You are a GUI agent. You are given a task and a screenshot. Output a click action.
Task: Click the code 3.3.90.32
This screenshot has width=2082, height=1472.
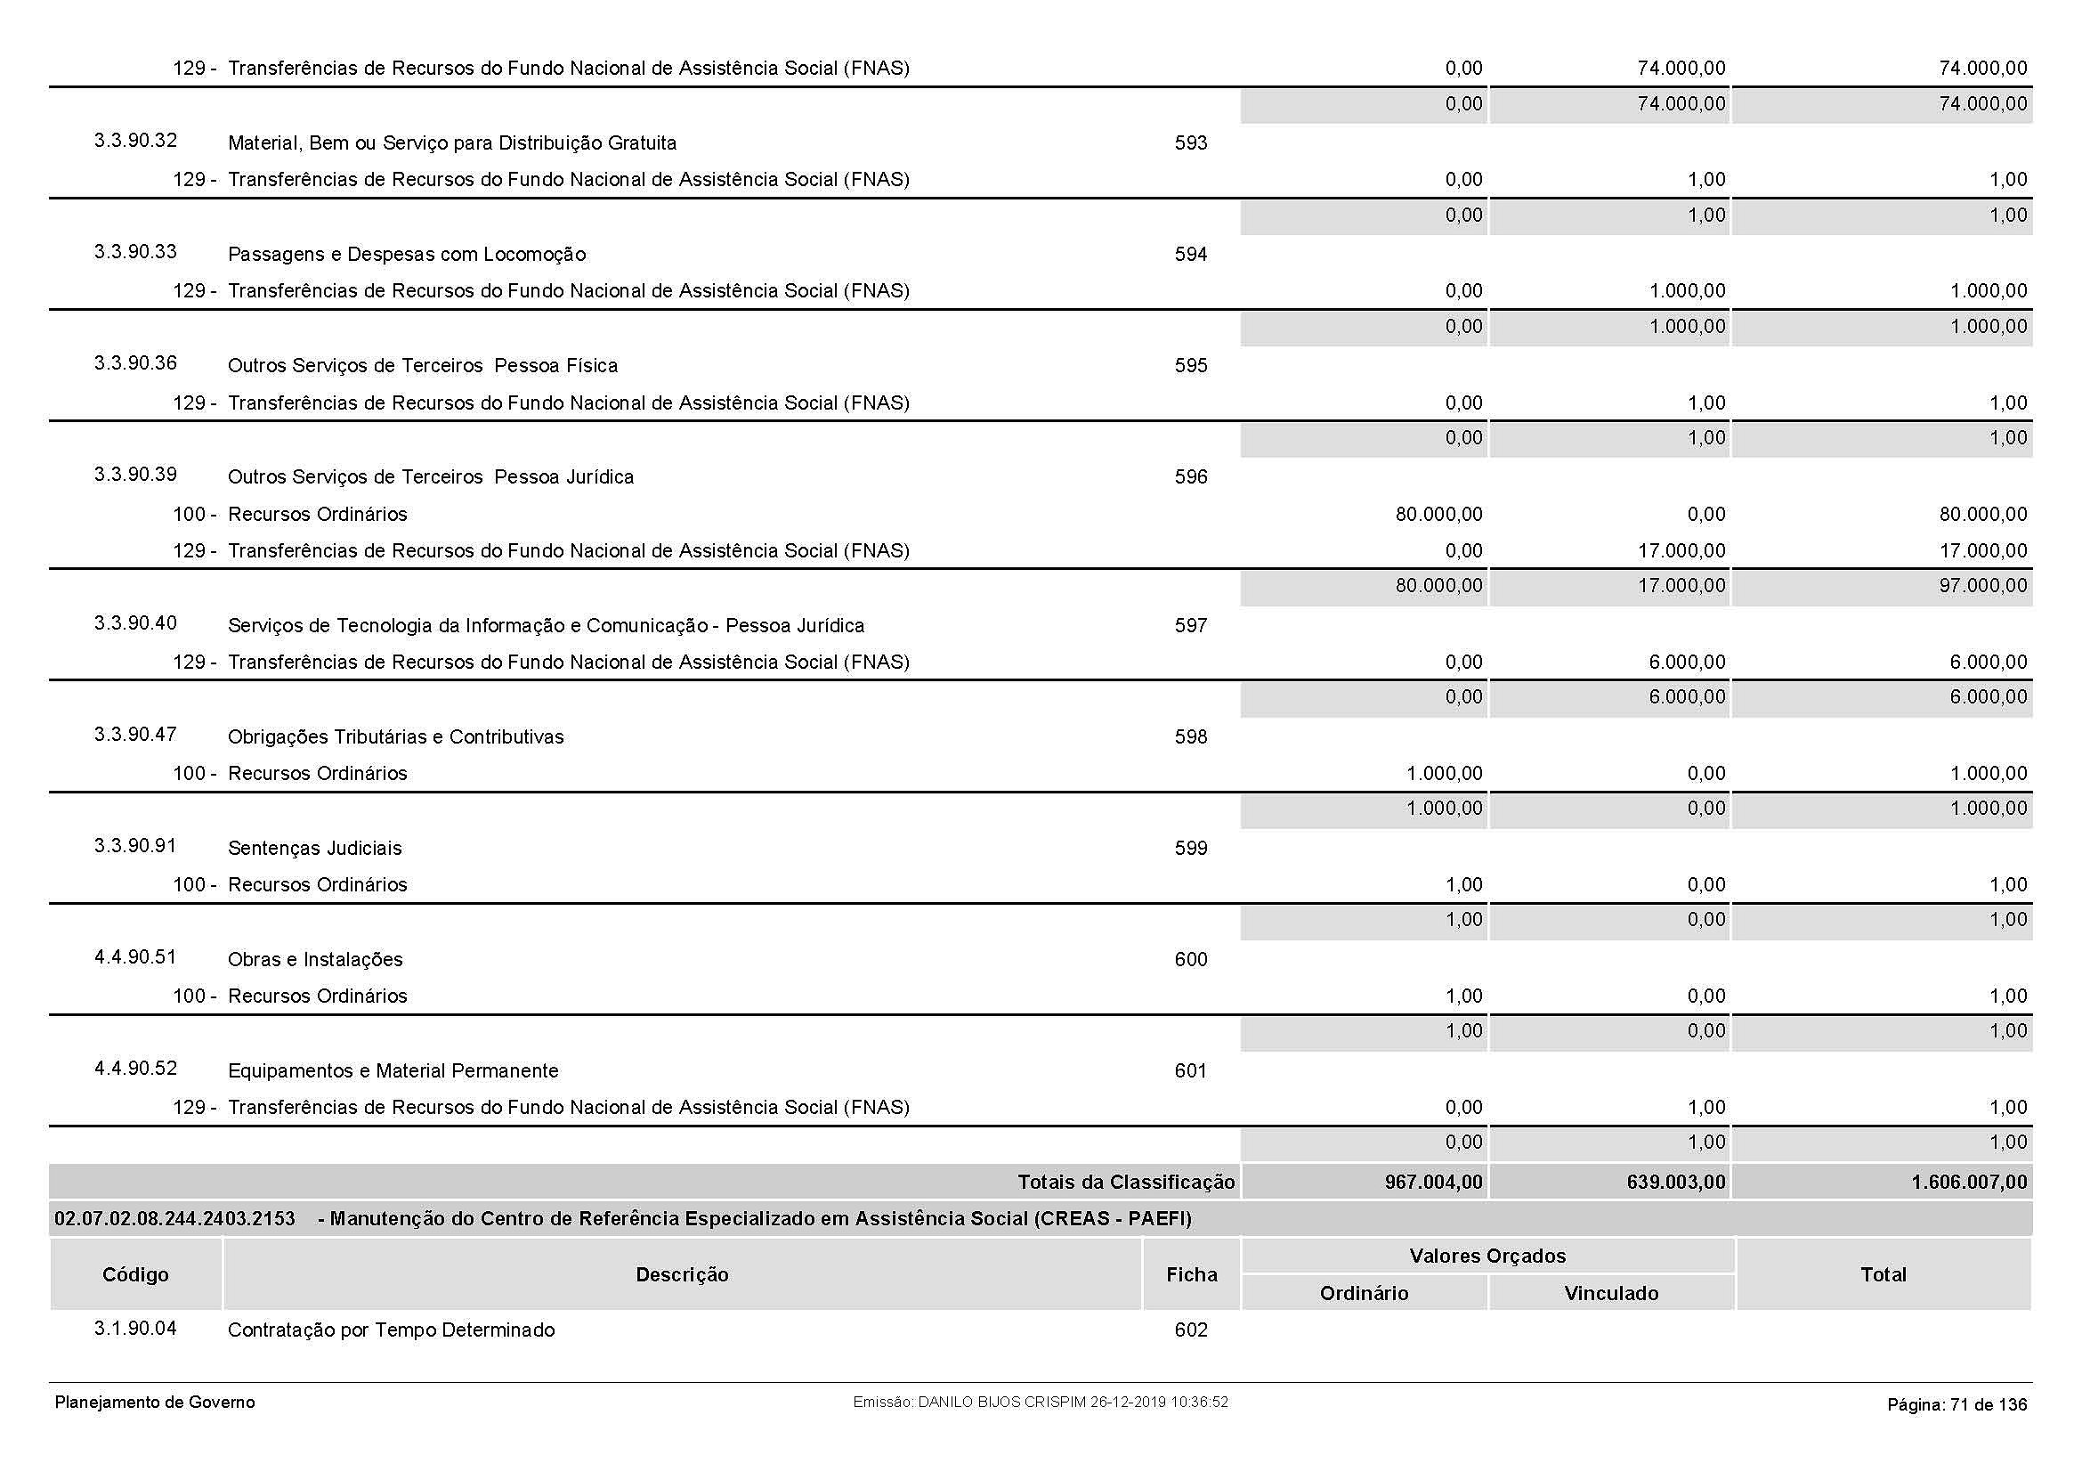[135, 141]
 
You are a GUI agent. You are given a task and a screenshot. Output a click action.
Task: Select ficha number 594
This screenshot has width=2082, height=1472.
[1191, 255]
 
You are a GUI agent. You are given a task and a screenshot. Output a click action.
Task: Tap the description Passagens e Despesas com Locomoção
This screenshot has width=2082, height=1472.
[406, 255]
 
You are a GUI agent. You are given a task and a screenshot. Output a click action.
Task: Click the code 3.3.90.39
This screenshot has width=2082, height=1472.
[135, 475]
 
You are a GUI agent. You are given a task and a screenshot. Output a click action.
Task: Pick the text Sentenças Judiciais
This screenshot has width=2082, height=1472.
[314, 848]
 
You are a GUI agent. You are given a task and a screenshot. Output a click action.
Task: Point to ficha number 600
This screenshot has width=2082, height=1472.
[1191, 960]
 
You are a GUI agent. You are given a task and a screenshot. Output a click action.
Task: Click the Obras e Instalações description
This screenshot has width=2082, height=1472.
[314, 960]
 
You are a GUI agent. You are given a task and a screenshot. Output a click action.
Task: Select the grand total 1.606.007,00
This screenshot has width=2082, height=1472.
[1969, 1182]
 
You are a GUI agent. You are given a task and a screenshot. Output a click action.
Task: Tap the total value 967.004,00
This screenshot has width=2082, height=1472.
[1434, 1182]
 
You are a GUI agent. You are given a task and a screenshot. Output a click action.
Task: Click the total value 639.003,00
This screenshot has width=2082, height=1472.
[1676, 1182]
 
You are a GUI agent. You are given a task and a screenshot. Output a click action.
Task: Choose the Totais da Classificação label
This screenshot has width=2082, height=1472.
[1125, 1182]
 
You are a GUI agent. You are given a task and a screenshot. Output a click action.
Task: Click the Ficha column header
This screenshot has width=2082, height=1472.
[1192, 1274]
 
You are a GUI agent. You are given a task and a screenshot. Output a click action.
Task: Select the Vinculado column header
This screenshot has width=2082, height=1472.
[1610, 1293]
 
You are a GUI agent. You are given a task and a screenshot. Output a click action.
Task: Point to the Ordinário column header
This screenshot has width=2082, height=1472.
[1364, 1293]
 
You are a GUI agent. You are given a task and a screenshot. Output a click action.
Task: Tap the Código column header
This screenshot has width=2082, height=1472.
[135, 1274]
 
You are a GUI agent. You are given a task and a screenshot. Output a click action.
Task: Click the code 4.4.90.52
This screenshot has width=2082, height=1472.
[135, 1069]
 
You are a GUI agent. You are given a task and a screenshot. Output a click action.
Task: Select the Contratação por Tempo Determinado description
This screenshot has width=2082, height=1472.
[391, 1330]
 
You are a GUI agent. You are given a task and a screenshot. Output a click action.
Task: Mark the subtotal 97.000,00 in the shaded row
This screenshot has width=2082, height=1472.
[1983, 586]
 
